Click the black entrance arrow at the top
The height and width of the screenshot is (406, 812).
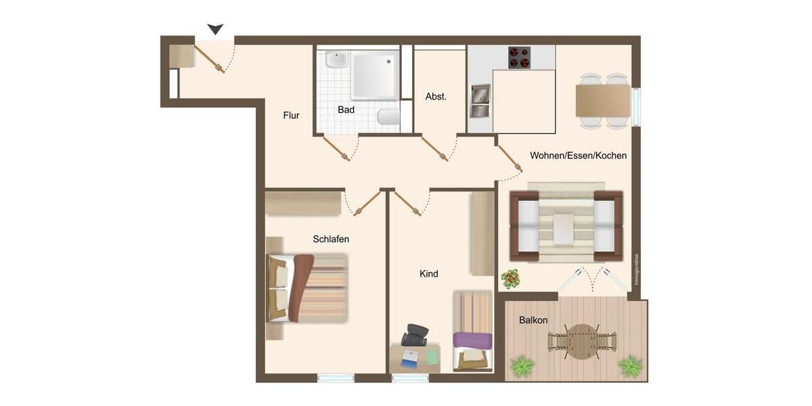coord(215,29)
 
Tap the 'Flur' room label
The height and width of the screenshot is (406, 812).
coord(291,116)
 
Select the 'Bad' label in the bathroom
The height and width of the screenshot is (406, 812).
coord(346,110)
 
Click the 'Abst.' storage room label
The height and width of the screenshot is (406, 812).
coord(436,97)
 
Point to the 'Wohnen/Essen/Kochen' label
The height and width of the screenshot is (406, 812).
coord(578,156)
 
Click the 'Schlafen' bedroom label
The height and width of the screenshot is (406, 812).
coord(331,239)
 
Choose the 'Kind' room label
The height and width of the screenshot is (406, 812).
coord(428,274)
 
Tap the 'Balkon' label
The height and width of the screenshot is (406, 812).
coord(533,320)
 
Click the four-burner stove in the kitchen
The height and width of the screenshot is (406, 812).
coord(519,58)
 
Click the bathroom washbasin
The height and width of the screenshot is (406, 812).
coord(336,60)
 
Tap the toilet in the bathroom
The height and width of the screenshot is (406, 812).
coord(388,118)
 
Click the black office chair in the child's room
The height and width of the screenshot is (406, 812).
coord(415,335)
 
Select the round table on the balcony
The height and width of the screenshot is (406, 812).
coord(582,342)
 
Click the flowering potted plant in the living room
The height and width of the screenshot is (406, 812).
coord(510,278)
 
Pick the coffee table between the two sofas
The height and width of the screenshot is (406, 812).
coord(564,228)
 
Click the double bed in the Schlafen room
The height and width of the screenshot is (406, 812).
coord(308,288)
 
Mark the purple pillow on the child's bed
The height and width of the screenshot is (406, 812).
coord(472,340)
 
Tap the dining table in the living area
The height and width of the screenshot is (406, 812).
coord(602,101)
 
